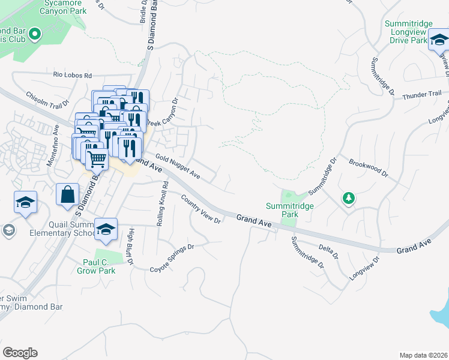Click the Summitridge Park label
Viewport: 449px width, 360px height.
click(x=282, y=209)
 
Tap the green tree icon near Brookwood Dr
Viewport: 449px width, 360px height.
click(x=348, y=198)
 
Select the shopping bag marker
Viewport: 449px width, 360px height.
click(x=67, y=195)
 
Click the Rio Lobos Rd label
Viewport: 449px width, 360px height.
click(x=72, y=76)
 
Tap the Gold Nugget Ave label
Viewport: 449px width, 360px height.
click(x=177, y=166)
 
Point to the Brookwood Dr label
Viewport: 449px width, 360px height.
click(x=368, y=166)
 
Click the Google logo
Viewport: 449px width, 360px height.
click(x=20, y=353)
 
